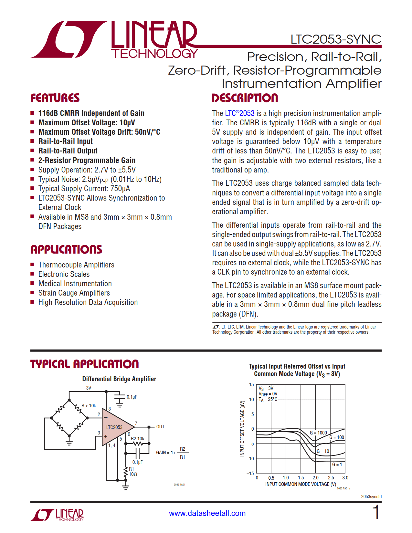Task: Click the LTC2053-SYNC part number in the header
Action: tap(336, 39)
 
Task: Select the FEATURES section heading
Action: tap(55, 98)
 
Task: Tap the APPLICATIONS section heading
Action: tap(66, 249)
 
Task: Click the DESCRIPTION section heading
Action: tap(245, 98)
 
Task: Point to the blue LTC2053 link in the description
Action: tap(240, 113)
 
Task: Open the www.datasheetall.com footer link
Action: tap(207, 513)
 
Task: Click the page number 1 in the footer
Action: tap(375, 513)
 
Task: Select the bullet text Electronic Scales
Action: tap(64, 274)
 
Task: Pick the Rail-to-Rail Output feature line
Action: tap(68, 151)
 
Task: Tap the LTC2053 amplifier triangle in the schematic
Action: tap(115, 427)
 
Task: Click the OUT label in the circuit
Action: tap(160, 427)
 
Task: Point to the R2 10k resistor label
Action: tap(137, 439)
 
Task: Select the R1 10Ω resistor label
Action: tap(133, 472)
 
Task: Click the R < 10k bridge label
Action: tap(89, 406)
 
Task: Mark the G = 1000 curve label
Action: tap(318, 433)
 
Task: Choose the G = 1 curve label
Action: tap(337, 465)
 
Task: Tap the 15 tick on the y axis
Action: tap(251, 385)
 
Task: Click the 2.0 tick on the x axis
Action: tap(315, 478)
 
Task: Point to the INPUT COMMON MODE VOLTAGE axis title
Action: tap(301, 484)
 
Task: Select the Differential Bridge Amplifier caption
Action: tap(119, 379)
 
